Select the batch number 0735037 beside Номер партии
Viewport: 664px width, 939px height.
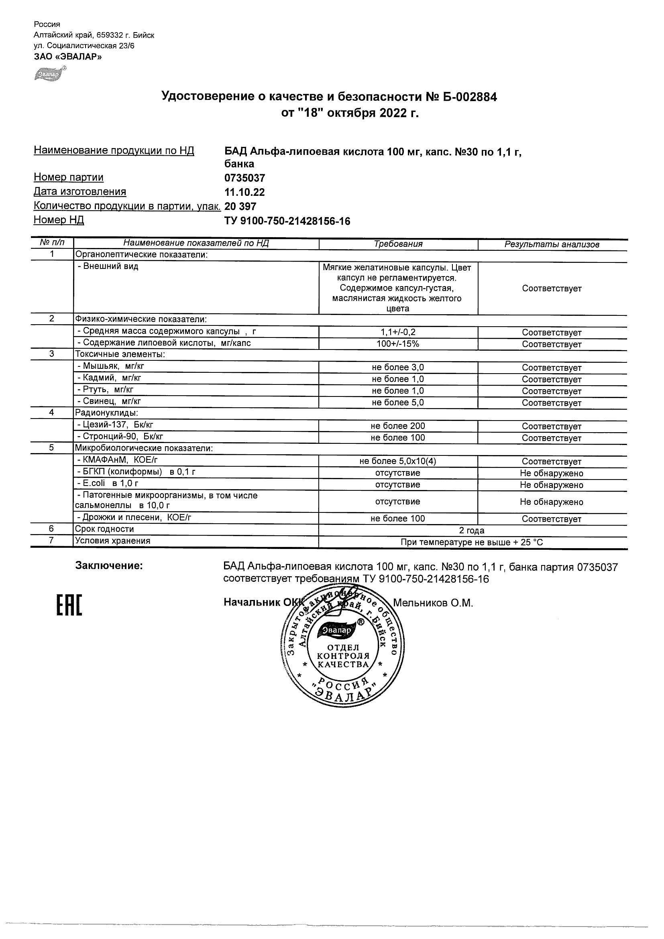(244, 178)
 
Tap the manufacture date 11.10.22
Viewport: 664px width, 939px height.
(244, 192)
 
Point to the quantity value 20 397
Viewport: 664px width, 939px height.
(240, 207)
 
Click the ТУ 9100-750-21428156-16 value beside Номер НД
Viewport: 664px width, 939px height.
(287, 221)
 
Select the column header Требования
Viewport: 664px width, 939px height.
(398, 244)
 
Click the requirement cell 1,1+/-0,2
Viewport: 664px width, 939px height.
(398, 332)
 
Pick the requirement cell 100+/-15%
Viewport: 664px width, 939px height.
(398, 343)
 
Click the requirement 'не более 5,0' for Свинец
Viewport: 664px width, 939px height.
(398, 402)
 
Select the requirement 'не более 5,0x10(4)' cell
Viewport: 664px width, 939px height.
(398, 461)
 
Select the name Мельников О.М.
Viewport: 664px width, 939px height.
(433, 603)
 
